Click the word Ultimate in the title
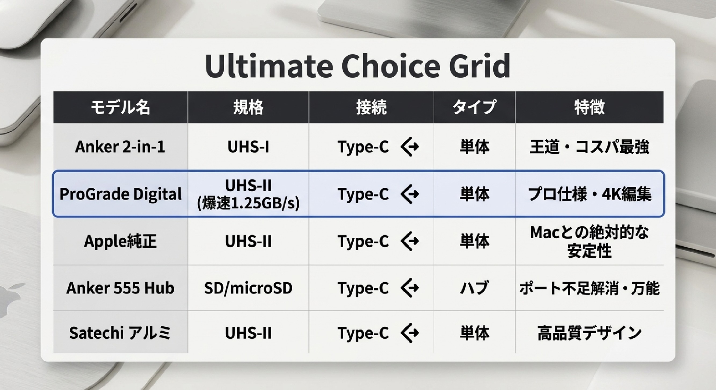[269, 66]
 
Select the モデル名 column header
[120, 107]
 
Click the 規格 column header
[248, 107]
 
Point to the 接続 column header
[371, 107]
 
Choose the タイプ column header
[474, 107]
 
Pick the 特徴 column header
[590, 107]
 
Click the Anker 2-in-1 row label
[120, 147]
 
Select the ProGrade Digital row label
[120, 194]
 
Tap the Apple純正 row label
[120, 241]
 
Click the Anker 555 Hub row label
[120, 288]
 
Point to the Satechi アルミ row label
[120, 333]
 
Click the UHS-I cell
[248, 147]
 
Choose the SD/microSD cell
[248, 288]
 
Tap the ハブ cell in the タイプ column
[474, 288]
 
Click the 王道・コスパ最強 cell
[590, 147]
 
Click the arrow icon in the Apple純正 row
[410, 241]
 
